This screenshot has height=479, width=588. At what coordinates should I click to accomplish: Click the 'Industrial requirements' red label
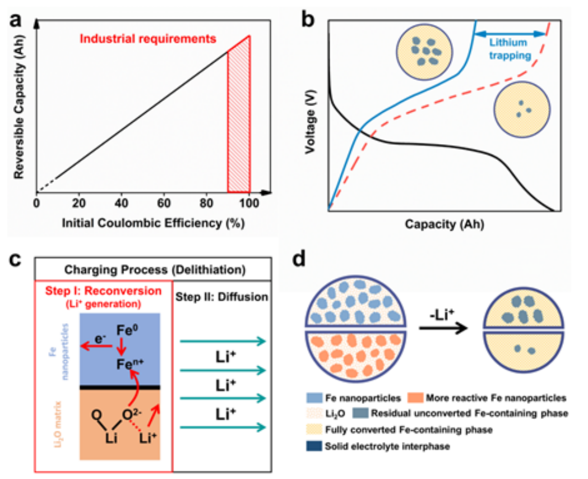point(148,39)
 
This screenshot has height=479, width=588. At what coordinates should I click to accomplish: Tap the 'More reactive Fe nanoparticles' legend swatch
point(415,398)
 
